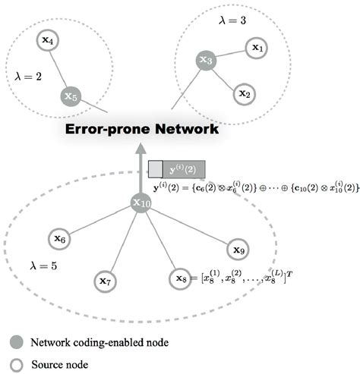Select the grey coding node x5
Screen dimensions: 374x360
tap(70, 97)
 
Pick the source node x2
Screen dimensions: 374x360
tap(243, 93)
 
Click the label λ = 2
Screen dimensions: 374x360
tap(30, 76)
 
